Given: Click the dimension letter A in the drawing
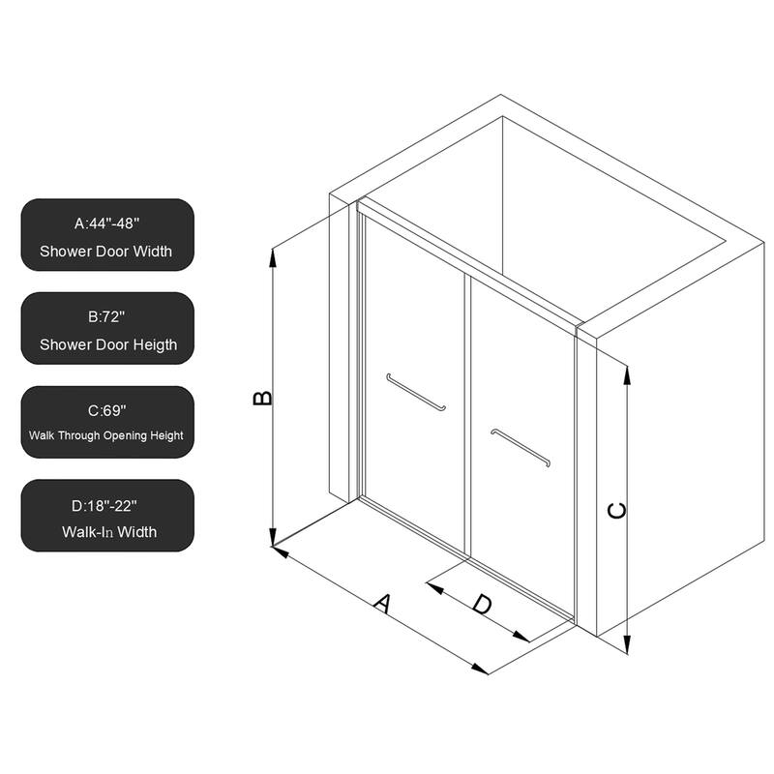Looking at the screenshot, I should [x=382, y=604].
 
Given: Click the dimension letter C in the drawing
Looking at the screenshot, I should [x=616, y=510].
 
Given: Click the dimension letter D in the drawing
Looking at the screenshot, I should [x=482, y=605].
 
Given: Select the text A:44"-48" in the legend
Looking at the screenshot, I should [x=106, y=223].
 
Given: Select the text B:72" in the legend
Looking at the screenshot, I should [x=106, y=316].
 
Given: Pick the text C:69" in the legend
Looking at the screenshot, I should [x=106, y=409].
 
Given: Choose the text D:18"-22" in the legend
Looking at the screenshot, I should [x=106, y=503].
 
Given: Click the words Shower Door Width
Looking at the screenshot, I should [x=106, y=252].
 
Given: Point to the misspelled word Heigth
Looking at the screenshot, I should [x=155, y=344].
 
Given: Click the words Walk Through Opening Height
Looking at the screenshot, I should [x=106, y=436].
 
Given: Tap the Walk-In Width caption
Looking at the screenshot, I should [x=106, y=531].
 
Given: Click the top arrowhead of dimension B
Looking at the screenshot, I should [x=274, y=253].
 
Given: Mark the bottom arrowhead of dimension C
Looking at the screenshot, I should [x=627, y=648].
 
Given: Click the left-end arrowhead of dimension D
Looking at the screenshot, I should [x=432, y=582].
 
